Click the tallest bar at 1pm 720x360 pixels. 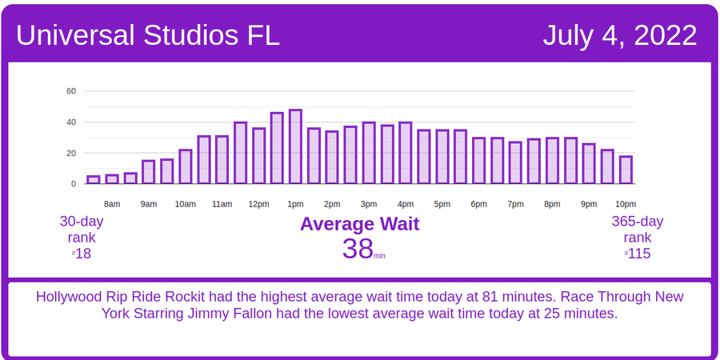click(x=295, y=146)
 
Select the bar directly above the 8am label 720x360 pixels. click(x=112, y=179)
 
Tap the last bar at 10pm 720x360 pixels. click(x=626, y=170)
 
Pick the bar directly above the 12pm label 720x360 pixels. click(x=258, y=155)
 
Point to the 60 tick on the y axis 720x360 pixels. click(x=71, y=91)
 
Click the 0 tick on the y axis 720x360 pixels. click(x=74, y=183)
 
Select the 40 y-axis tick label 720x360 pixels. click(x=71, y=122)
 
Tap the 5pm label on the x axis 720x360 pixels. click(x=442, y=204)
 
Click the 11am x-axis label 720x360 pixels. click(x=222, y=204)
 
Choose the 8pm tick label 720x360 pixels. click(x=552, y=204)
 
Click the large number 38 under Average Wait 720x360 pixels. click(x=358, y=249)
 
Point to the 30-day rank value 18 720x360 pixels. click(x=83, y=254)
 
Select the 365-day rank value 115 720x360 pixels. click(x=639, y=254)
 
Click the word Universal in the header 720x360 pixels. click(x=76, y=35)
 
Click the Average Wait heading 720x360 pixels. click(x=359, y=224)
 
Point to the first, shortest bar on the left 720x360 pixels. click(x=94, y=180)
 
